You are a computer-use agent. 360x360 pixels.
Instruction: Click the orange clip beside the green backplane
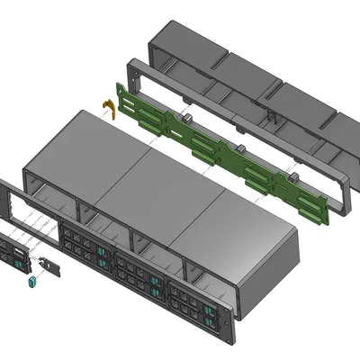pos(111,108)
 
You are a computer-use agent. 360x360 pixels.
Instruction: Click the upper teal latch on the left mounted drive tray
pos(103,253)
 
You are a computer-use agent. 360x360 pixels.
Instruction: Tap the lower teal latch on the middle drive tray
pos(157,291)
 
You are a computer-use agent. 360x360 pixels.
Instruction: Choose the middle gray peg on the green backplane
pos(242,147)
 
